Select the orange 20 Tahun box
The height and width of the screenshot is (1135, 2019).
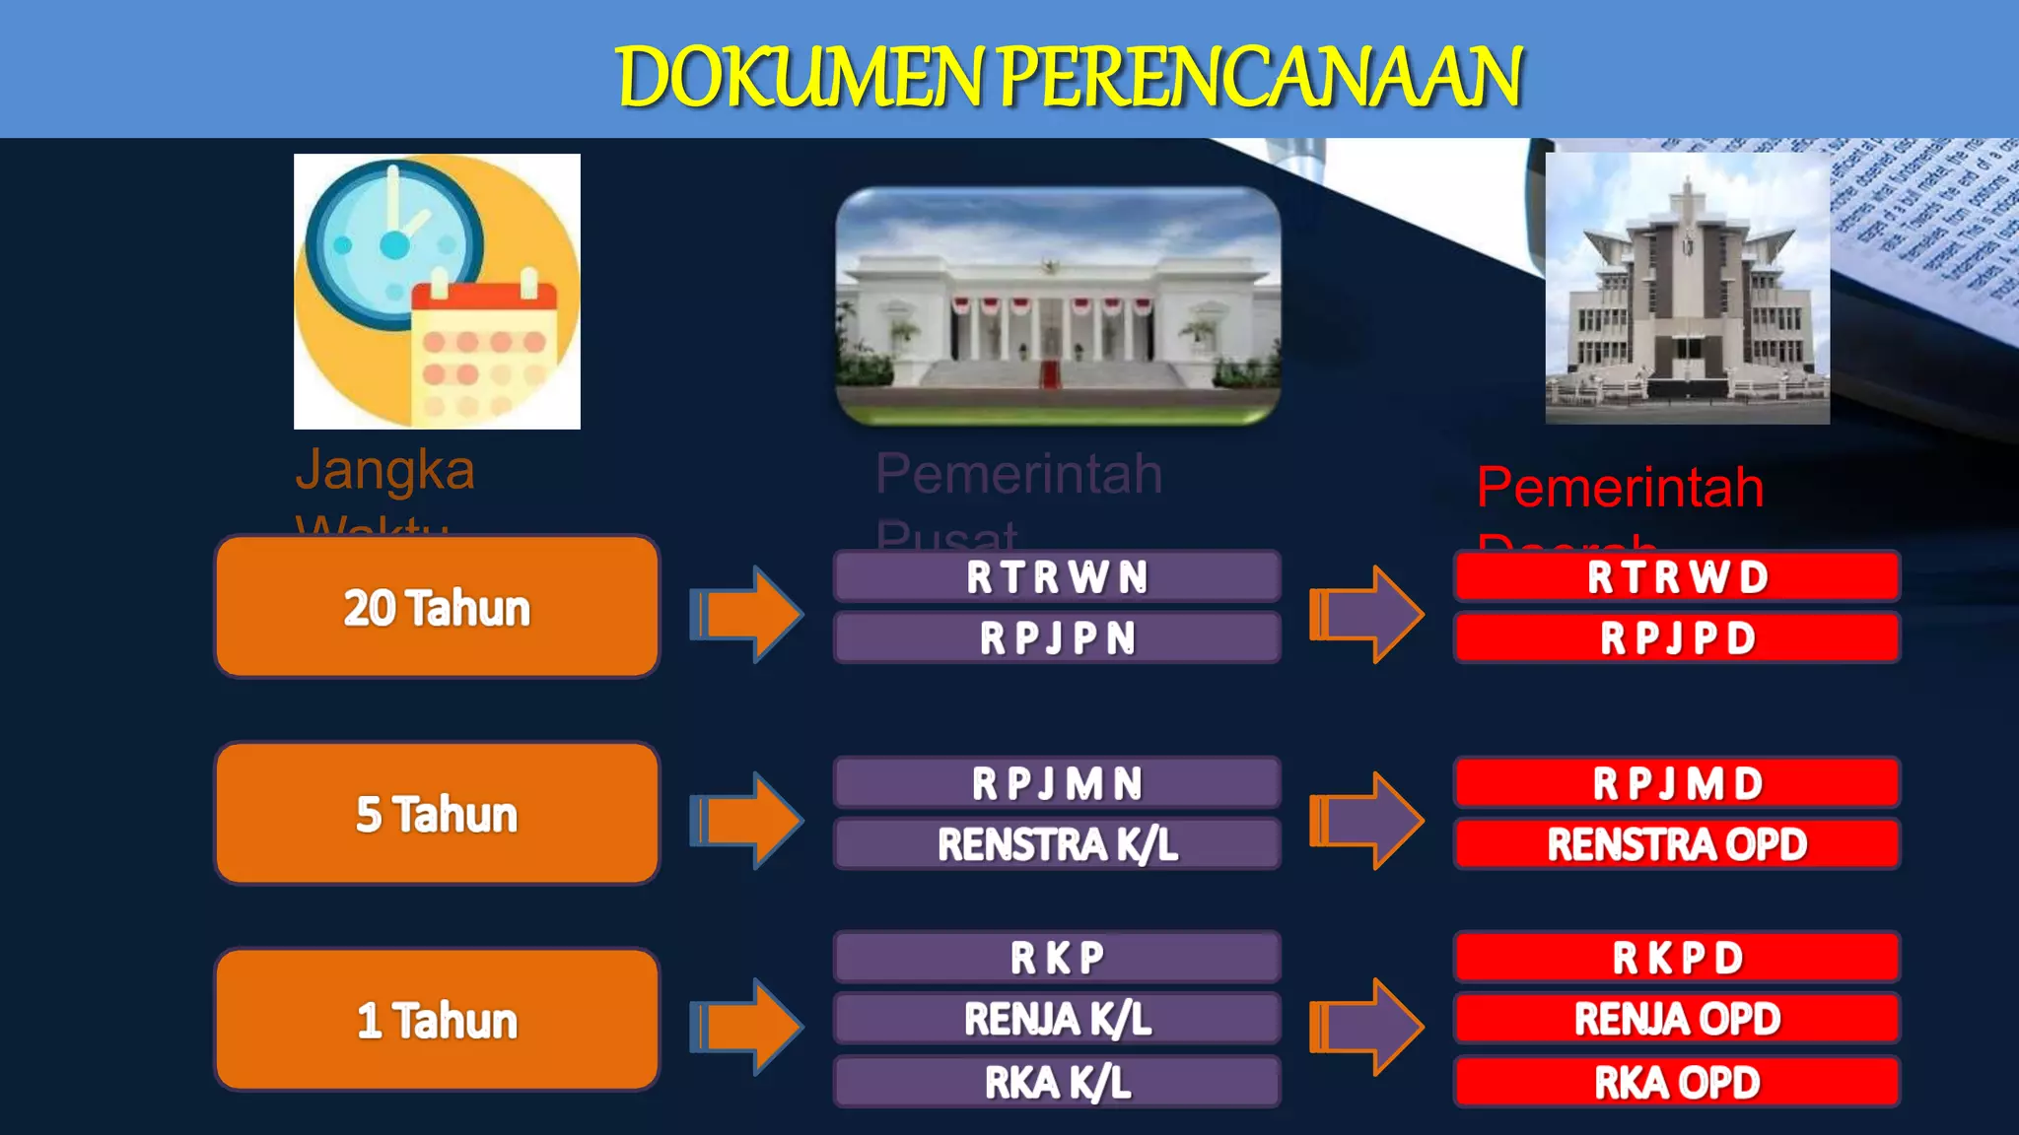(x=437, y=607)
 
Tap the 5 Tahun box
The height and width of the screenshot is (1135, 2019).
(x=437, y=814)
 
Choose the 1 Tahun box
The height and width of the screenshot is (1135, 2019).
(x=437, y=1020)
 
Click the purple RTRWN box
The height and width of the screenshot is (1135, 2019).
(x=1057, y=577)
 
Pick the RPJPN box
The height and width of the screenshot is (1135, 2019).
(x=1057, y=638)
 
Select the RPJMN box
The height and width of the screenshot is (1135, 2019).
(x=1057, y=784)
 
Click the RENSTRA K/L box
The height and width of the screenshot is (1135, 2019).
(x=1057, y=844)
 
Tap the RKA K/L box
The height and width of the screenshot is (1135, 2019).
(x=1057, y=1082)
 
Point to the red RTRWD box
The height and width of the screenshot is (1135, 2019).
(x=1677, y=577)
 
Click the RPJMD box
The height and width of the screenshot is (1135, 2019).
(x=1677, y=784)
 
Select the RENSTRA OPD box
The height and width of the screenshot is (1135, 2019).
(x=1677, y=844)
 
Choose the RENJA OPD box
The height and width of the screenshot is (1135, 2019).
(x=1677, y=1019)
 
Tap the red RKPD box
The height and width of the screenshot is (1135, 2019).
(x=1677, y=958)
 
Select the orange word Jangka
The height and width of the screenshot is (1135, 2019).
(x=385, y=470)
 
